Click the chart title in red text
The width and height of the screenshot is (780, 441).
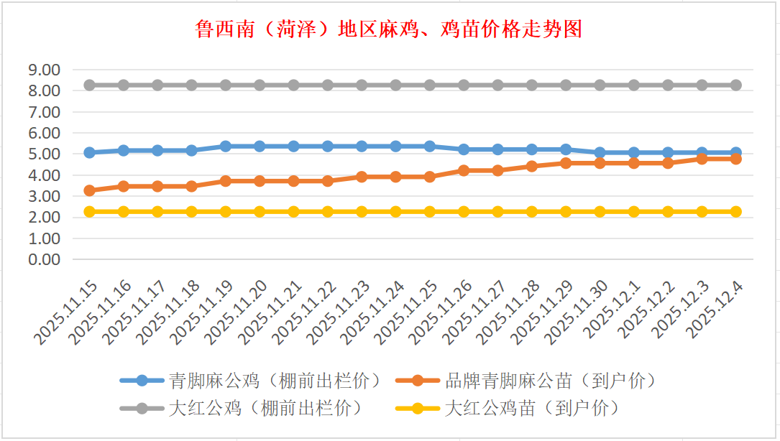[389, 29]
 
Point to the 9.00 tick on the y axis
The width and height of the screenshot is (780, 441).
[43, 70]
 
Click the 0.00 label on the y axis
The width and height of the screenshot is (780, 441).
[43, 259]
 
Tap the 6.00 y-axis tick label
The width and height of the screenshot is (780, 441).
[43, 133]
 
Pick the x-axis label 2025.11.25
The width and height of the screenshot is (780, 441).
[405, 313]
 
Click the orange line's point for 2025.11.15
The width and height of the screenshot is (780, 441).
[89, 190]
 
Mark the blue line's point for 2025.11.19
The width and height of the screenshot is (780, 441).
[226, 146]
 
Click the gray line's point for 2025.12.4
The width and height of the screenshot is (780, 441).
[736, 85]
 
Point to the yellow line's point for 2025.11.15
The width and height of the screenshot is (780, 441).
[89, 212]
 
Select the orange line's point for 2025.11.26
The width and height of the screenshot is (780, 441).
[464, 170]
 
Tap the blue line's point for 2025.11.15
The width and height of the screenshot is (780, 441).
[89, 152]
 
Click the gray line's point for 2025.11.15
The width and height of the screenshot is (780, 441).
[89, 85]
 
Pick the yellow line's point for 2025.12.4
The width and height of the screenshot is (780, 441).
[736, 212]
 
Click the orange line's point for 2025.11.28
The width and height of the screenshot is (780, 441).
[532, 166]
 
